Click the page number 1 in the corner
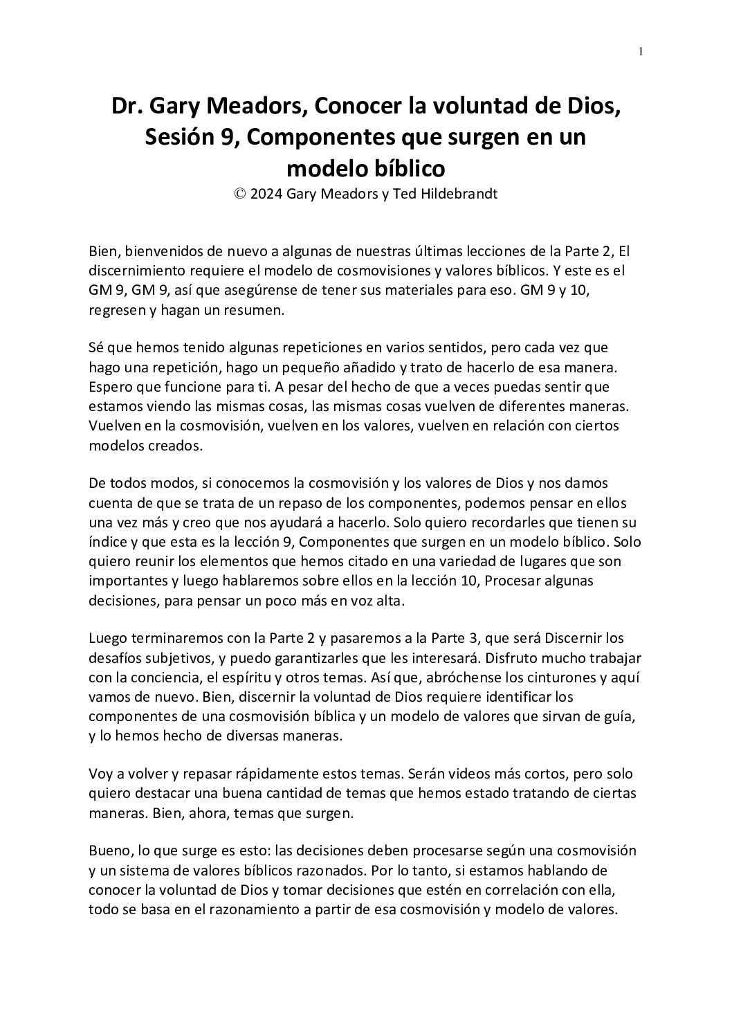click(x=641, y=51)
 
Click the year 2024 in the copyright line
click(x=266, y=194)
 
